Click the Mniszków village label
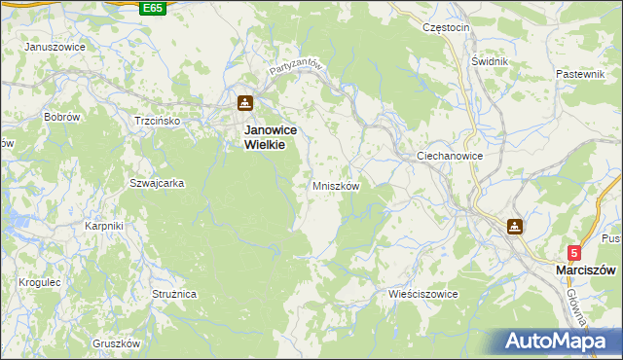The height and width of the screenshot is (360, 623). coord(336,186)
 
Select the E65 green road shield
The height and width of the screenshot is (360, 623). coord(152,8)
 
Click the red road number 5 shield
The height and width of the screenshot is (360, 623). coord(574,252)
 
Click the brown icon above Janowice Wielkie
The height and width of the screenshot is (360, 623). coord(245,103)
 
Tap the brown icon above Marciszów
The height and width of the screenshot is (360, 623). coord(514,227)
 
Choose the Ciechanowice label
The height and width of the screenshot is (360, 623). coord(450,156)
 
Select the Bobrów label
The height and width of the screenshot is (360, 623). coord(61,117)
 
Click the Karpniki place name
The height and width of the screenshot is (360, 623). coord(103,227)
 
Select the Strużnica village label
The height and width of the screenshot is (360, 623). coord(175,293)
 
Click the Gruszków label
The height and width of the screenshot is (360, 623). coord(117,344)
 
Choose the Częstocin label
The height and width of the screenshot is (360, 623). coord(447,27)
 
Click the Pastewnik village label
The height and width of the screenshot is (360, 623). coord(581,74)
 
